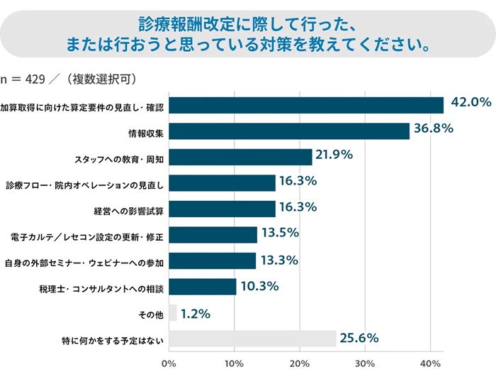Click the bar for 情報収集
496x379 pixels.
(288, 131)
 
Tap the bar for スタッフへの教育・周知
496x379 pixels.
(239, 157)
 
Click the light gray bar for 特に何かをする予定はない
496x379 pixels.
(252, 339)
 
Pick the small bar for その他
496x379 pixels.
(172, 312)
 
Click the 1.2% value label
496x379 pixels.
(196, 312)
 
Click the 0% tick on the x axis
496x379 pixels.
(169, 364)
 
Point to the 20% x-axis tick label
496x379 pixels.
(299, 364)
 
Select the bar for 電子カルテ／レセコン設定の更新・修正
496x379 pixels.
(213, 235)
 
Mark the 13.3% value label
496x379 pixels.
(279, 260)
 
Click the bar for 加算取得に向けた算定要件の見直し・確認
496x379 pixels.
(305, 105)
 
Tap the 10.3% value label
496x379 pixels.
(259, 287)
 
